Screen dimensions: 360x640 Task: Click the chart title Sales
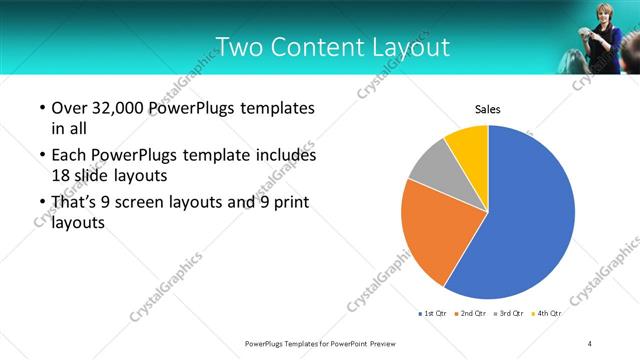487,109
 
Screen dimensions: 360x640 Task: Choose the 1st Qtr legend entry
431,314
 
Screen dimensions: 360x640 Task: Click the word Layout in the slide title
405,47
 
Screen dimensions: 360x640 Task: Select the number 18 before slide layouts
61,174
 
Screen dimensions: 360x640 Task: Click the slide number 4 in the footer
590,343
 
